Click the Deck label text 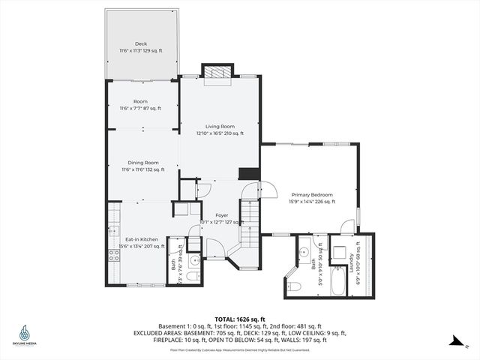141,43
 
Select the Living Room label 220,126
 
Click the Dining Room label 141,162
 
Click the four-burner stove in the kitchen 115,256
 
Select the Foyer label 221,215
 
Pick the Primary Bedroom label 311,194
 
